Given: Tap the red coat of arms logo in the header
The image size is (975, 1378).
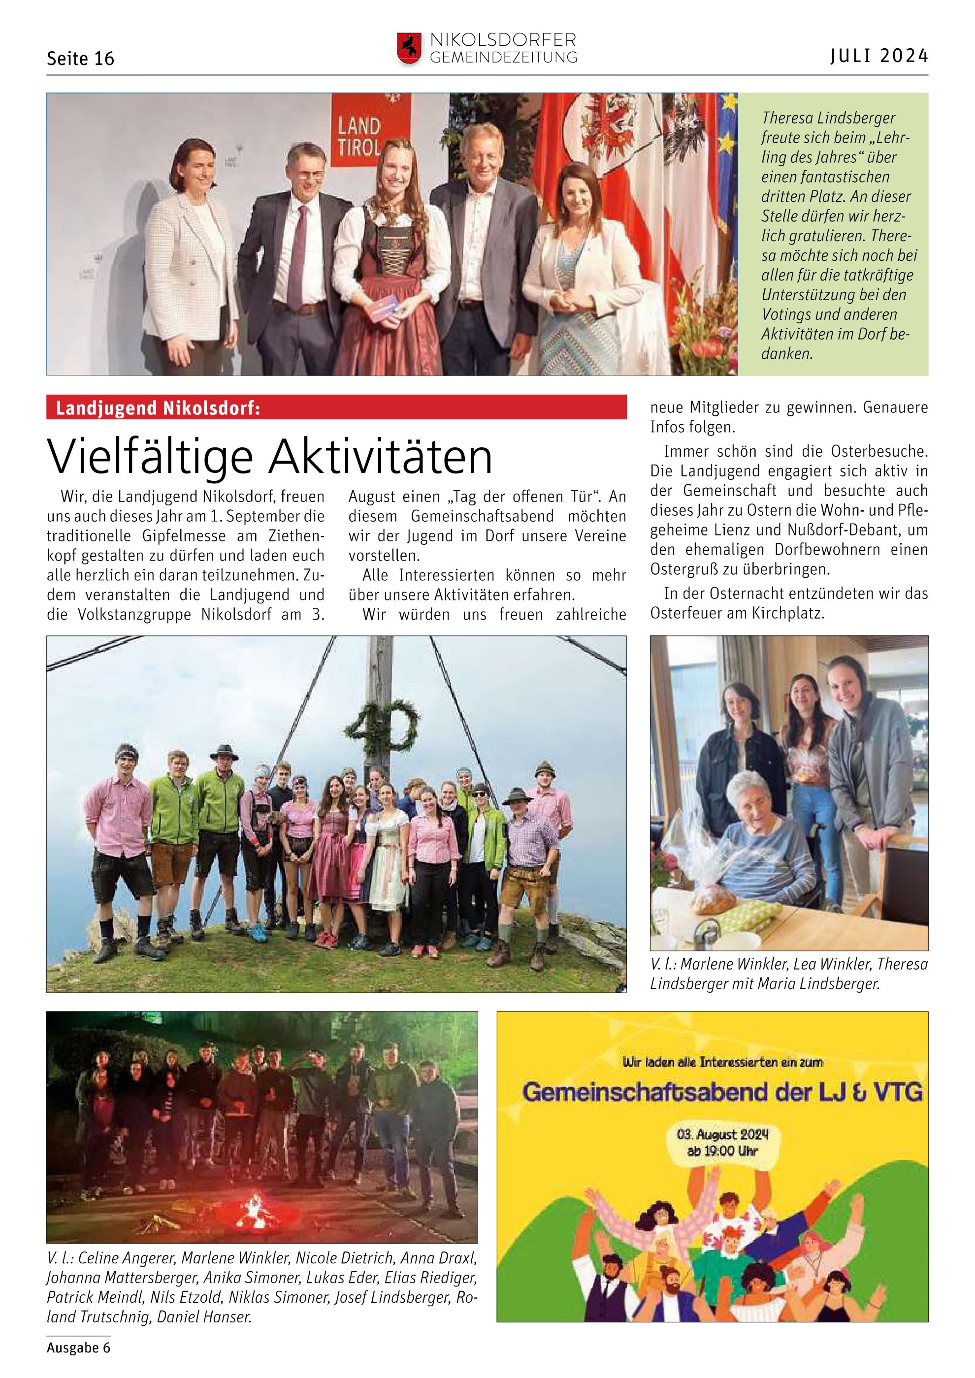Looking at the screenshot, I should click(409, 48).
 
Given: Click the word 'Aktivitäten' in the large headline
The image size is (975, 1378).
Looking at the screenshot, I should click(380, 458).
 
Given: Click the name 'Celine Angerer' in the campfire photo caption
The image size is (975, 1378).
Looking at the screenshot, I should click(126, 1257).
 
